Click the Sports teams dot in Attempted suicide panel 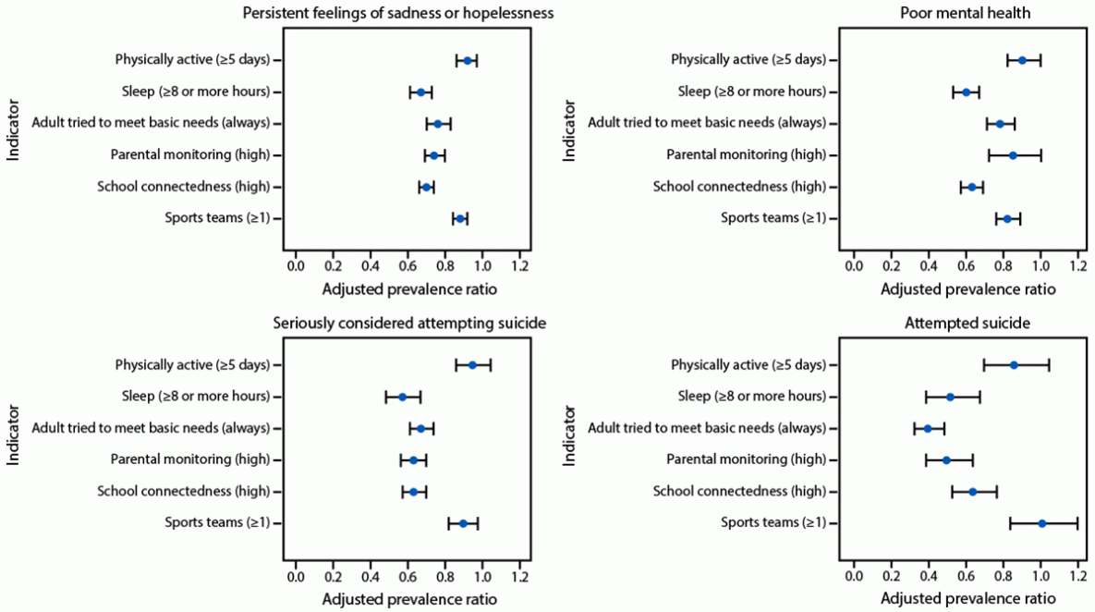[1041, 523]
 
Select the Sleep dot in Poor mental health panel [966, 92]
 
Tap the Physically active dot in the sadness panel [468, 60]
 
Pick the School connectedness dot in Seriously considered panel [414, 491]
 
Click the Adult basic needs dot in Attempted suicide [928, 428]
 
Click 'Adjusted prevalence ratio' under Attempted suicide [967, 599]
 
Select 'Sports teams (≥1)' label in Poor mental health [773, 218]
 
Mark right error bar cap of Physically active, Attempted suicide [1049, 365]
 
